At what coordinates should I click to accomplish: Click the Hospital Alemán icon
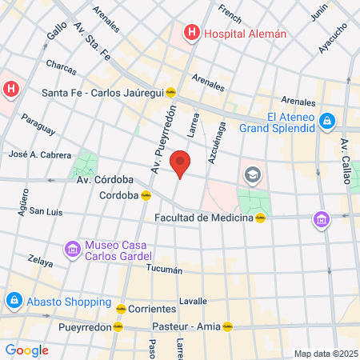pos(192,33)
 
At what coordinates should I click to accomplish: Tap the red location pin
pos(181,164)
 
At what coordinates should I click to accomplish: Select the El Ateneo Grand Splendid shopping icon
pos(326,121)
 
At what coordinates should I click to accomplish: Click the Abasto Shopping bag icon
pos(14,302)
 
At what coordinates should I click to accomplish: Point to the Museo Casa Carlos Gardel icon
pos(73,250)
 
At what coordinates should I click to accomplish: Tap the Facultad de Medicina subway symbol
pos(260,217)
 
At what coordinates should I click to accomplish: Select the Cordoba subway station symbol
pos(146,194)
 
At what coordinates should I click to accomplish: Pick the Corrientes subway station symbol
pos(120,308)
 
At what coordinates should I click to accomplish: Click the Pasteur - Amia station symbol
pos(227,326)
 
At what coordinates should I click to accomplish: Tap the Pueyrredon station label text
pos(84,326)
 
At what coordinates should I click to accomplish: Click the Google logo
pos(26,350)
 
